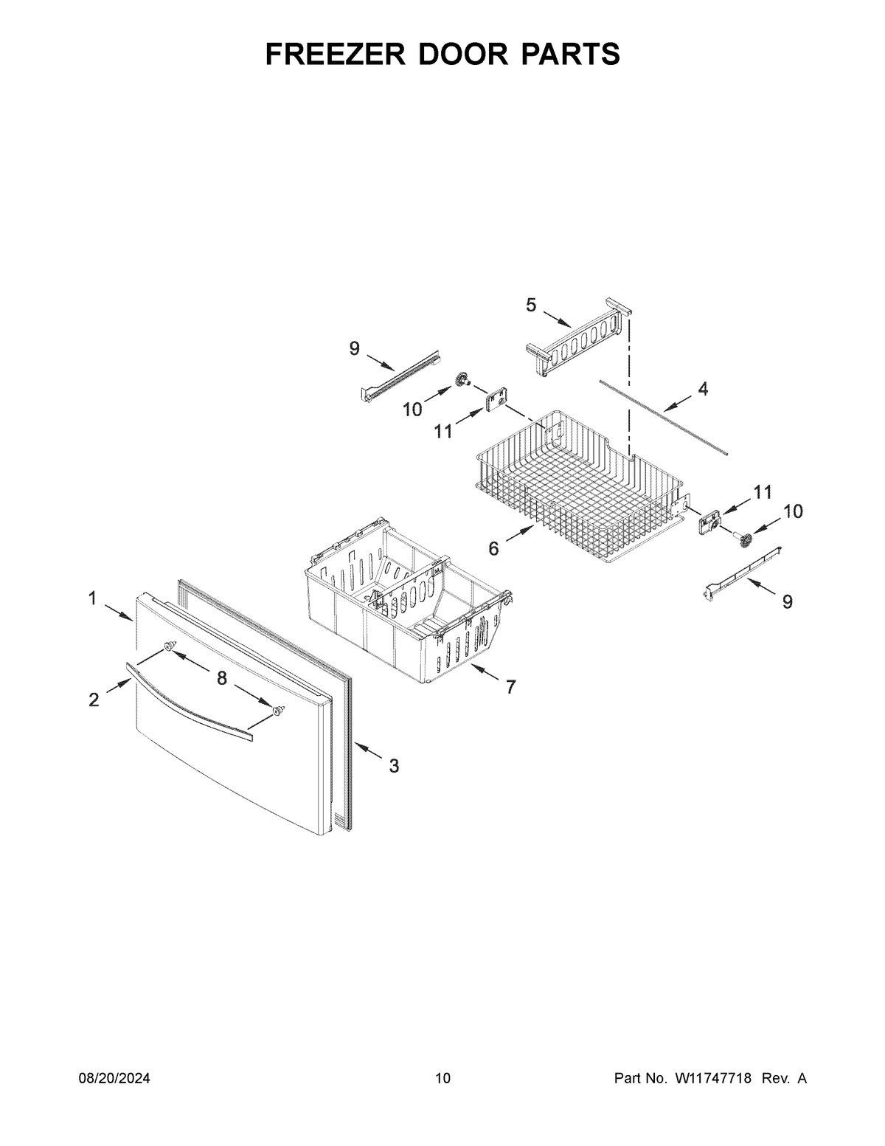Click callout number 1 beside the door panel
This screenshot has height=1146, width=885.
pyautogui.click(x=93, y=598)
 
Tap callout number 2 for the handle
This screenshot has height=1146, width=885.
pyautogui.click(x=94, y=700)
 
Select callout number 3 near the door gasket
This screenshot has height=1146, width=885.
pyautogui.click(x=394, y=766)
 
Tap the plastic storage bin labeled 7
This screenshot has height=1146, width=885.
pyautogui.click(x=406, y=590)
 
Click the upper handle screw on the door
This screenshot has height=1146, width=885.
pyautogui.click(x=169, y=646)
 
